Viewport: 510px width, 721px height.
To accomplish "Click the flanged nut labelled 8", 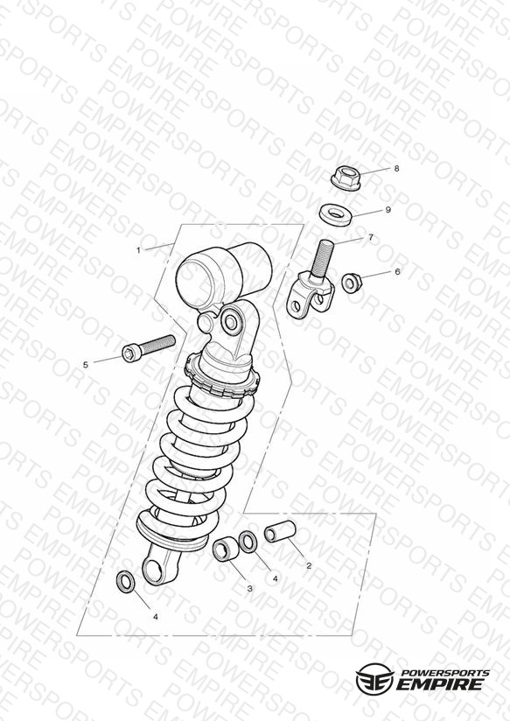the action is tap(346, 178).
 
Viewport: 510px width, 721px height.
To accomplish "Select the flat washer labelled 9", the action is tap(336, 214).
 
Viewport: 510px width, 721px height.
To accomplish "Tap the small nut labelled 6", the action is tap(353, 283).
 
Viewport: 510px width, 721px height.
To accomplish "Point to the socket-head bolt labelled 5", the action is tap(149, 347).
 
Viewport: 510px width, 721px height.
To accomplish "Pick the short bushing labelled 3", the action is tap(227, 549).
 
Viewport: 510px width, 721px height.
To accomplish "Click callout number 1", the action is tap(138, 250).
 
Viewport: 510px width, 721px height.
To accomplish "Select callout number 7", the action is tap(371, 238).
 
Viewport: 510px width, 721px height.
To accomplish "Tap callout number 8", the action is tap(396, 168).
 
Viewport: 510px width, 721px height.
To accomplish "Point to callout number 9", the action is tap(388, 210).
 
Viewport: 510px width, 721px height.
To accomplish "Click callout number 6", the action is tap(397, 272).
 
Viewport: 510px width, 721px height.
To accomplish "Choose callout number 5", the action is tap(86, 365).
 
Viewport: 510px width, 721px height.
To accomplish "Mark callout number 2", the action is tap(309, 565).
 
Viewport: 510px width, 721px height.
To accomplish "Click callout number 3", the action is tap(249, 588).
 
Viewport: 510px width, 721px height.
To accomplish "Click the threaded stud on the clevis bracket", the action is tap(323, 259).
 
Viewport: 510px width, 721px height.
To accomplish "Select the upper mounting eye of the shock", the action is tap(231, 321).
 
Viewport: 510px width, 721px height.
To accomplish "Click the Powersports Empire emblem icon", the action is tap(374, 678).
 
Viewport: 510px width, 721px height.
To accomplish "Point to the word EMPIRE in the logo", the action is tap(440, 684).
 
